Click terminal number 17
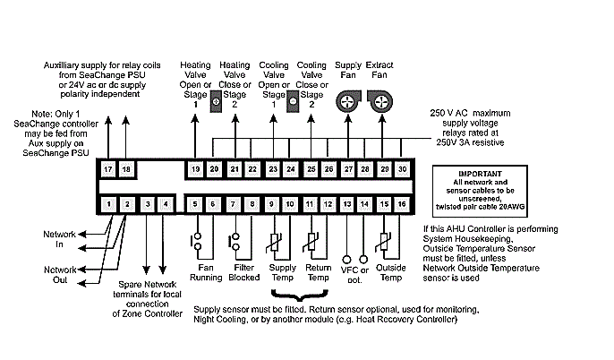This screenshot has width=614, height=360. pyautogui.click(x=108, y=169)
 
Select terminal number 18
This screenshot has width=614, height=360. pyautogui.click(x=127, y=169)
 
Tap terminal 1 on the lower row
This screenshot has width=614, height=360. pyautogui.click(x=108, y=205)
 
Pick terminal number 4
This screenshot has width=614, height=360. pyautogui.click(x=165, y=205)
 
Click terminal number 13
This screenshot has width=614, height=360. pyautogui.click(x=347, y=205)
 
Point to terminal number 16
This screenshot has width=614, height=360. pyautogui.click(x=403, y=205)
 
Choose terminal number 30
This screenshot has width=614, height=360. pyautogui.click(x=403, y=169)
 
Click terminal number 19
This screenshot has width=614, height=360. pyautogui.click(x=196, y=169)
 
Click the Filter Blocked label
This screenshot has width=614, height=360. pyautogui.click(x=241, y=271)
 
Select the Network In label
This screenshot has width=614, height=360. pyautogui.click(x=60, y=238)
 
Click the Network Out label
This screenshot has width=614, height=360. pyautogui.click(x=60, y=274)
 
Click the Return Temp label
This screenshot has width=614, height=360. pyautogui.click(x=318, y=271)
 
